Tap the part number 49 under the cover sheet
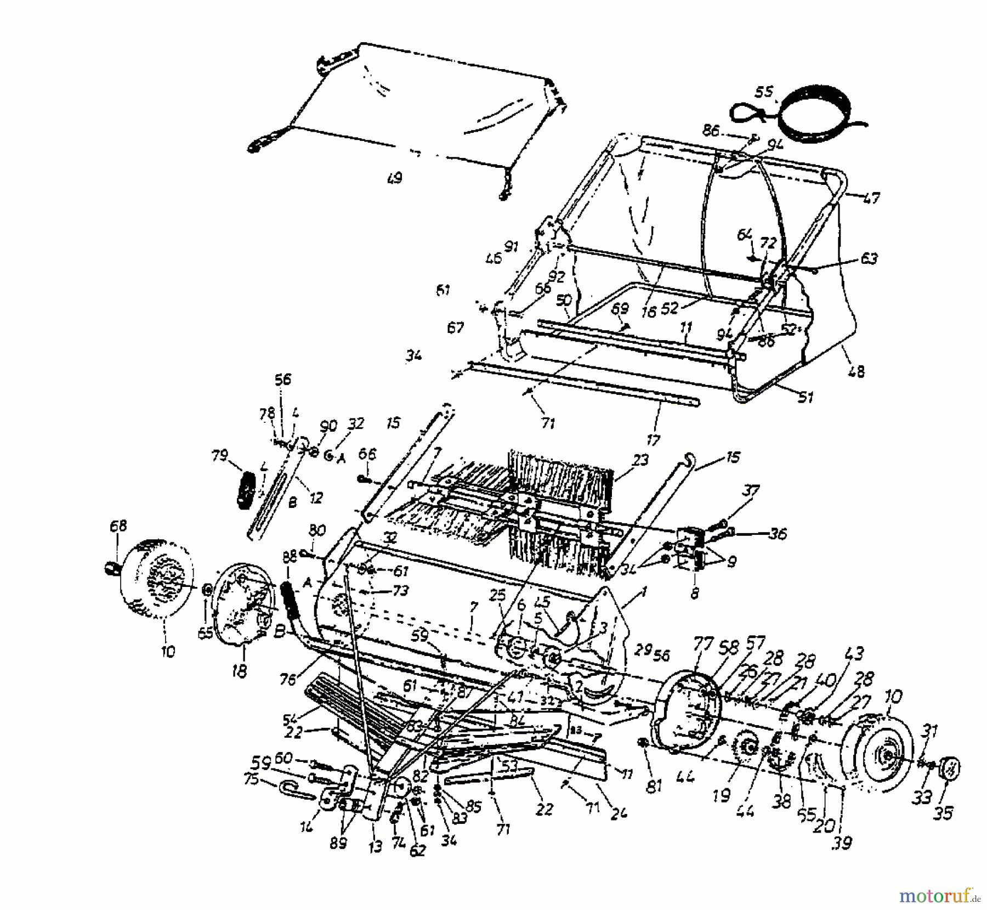394,178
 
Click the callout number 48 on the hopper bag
855,371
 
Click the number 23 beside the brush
640,460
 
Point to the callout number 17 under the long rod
653,439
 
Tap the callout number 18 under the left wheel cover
240,670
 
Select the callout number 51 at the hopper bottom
805,397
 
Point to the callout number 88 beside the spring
290,557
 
